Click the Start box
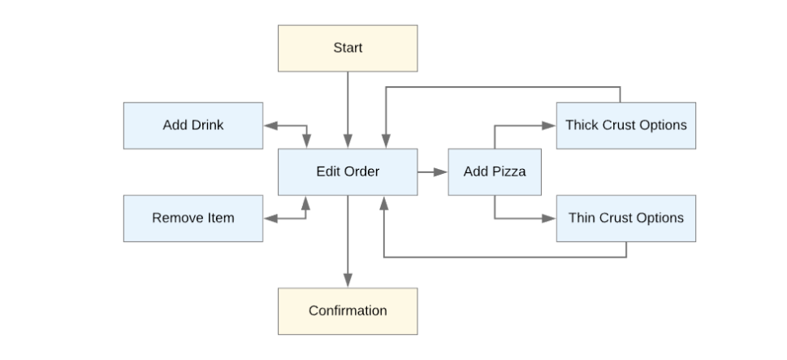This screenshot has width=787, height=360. (348, 48)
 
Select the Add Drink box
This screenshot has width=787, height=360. (193, 125)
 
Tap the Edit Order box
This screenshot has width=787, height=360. (348, 171)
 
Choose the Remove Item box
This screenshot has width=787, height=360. (193, 218)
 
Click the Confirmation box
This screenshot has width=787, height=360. (348, 310)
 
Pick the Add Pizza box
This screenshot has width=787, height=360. (495, 171)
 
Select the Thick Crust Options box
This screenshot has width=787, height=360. (625, 125)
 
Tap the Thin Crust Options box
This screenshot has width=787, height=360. (625, 218)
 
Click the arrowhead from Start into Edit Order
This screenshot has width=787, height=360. (348, 142)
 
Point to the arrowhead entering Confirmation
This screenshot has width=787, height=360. (348, 281)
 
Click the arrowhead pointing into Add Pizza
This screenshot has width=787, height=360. (441, 171)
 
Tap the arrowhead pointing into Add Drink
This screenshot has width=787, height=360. (270, 126)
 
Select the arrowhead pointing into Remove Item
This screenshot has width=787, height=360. (270, 218)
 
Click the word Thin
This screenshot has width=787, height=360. (582, 218)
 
